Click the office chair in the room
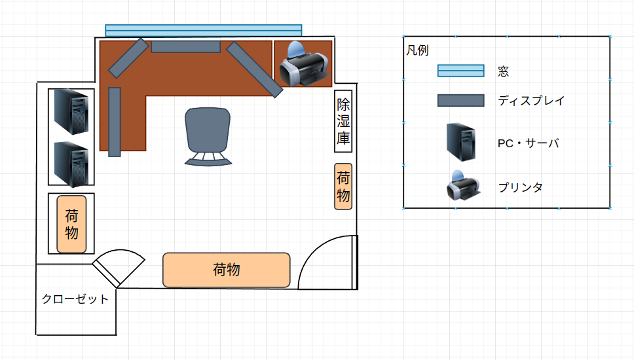pos(208,136)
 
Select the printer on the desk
pos(304,64)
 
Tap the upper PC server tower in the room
pos(71,111)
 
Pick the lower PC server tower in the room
pos(71,164)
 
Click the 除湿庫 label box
pos(343,121)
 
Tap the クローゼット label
pos(75,299)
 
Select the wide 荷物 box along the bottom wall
pos(227,270)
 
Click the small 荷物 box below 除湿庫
pos(343,187)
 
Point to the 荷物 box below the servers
pos(71,225)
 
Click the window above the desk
pos(204,31)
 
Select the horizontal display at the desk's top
pos(186,47)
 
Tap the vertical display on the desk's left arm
pos(115,122)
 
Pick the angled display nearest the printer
pos(254,69)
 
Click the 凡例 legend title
pos(417,50)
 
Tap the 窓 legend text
pos(504,71)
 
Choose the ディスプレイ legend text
pos(531,101)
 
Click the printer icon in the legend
pos(463,185)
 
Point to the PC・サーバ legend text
pos(529,143)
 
